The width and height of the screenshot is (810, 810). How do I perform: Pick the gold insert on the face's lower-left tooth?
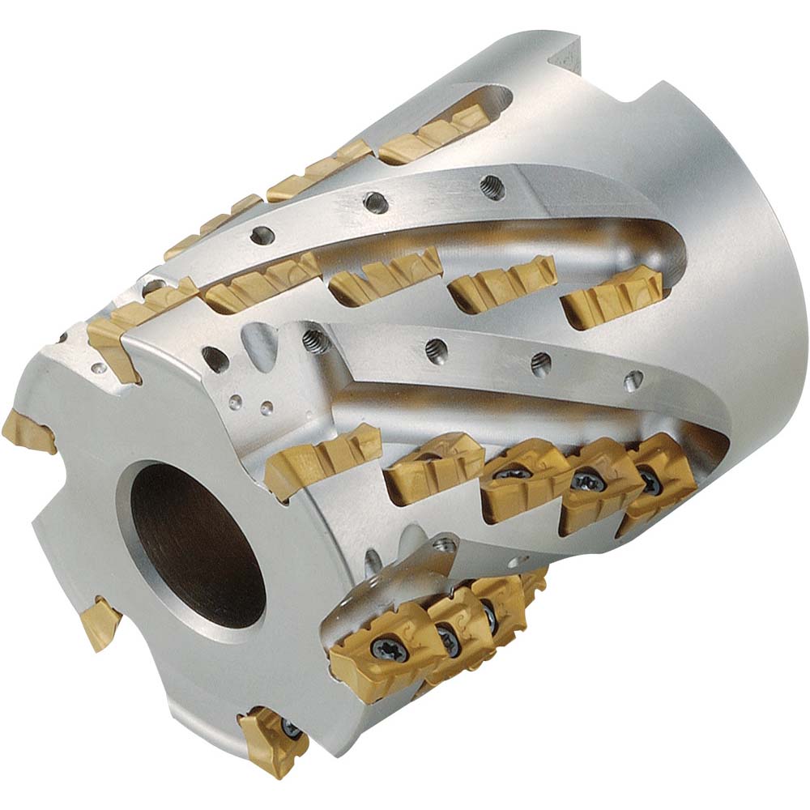click(102, 622)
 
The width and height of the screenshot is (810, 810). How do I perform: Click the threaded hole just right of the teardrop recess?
click(314, 342)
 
